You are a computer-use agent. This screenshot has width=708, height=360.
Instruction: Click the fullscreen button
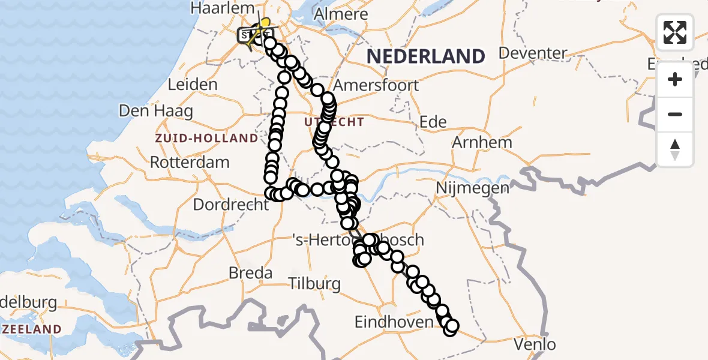(675, 32)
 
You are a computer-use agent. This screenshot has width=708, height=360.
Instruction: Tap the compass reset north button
(675, 149)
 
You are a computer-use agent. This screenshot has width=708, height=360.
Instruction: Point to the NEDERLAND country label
(426, 56)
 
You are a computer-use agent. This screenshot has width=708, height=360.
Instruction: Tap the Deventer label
(533, 53)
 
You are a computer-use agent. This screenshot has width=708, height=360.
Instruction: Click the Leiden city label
(193, 85)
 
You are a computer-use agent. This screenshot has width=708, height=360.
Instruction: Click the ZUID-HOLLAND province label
(206, 139)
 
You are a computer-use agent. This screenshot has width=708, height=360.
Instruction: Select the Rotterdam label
(190, 162)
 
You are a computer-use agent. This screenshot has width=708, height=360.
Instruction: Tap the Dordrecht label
(231, 205)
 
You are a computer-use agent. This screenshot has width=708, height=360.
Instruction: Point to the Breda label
(250, 273)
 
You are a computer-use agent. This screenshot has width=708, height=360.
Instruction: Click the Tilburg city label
(314, 283)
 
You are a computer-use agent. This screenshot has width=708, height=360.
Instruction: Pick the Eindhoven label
(394, 322)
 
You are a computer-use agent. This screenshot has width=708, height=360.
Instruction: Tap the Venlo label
(535, 344)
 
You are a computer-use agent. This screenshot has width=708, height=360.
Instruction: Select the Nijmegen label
(472, 188)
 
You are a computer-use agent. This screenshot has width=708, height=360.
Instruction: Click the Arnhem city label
(482, 143)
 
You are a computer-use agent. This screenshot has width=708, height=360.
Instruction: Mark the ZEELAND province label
(31, 329)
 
